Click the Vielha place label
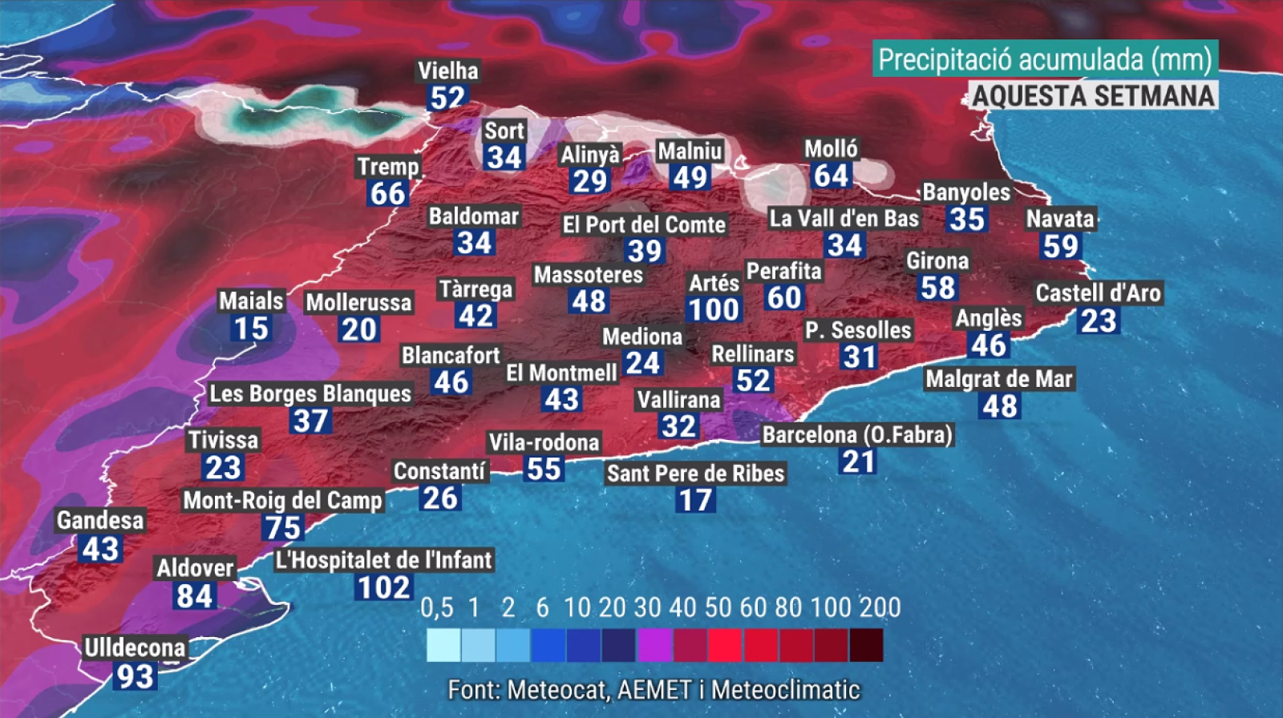[448, 71]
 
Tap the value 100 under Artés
[714, 309]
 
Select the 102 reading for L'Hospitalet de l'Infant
[384, 587]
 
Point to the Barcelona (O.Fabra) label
[857, 434]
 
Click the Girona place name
[937, 260]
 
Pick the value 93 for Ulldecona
[135, 676]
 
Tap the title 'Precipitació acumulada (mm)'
[1045, 59]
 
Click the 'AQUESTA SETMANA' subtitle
[1094, 95]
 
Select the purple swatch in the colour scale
[654, 645]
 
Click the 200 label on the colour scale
[880, 607]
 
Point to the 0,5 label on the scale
[437, 607]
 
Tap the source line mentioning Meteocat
[654, 689]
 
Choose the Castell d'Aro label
[1098, 292]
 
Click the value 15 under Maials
[251, 328]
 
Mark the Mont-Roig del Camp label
[283, 500]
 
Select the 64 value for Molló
[831, 175]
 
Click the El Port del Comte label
[644, 224]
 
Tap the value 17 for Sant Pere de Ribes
[695, 500]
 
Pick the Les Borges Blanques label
[310, 393]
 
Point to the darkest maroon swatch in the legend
[866, 645]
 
